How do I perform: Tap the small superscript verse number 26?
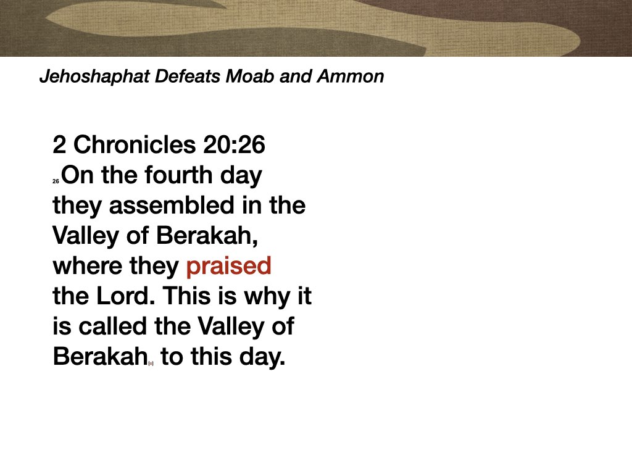pyautogui.click(x=56, y=181)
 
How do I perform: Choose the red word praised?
pyautogui.click(x=228, y=266)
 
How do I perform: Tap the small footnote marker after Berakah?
pyautogui.click(x=151, y=363)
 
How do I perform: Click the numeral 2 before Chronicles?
pyautogui.click(x=59, y=145)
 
